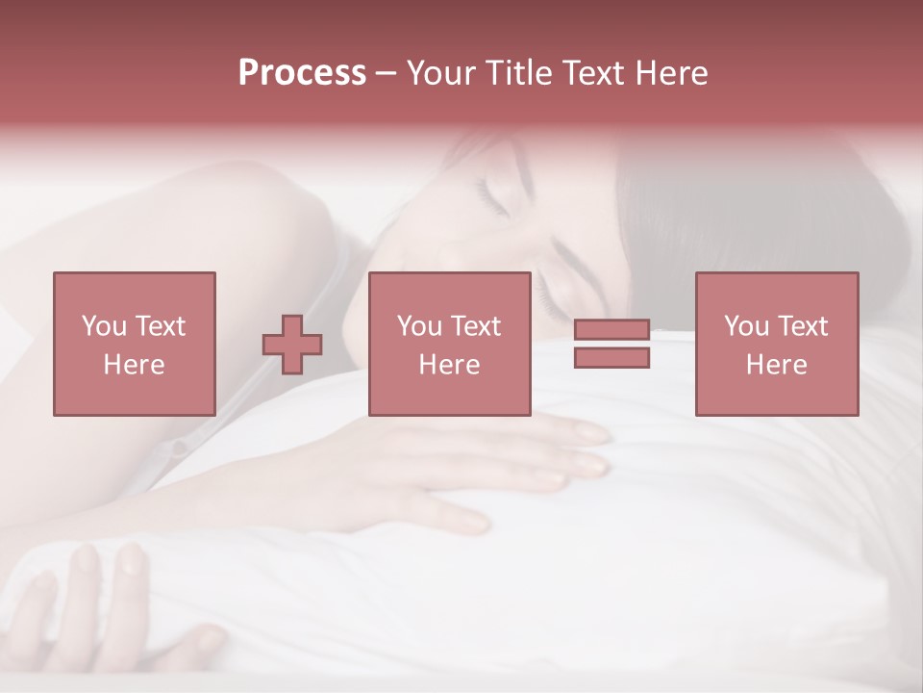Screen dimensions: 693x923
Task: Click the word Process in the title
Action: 302,73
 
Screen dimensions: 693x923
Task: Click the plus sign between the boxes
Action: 292,345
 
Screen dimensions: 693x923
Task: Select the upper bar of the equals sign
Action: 611,329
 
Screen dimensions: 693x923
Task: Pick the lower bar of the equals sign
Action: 611,358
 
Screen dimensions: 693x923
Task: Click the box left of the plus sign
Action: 134,344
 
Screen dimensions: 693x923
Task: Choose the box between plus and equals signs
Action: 449,344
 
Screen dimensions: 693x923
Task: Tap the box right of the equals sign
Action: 777,344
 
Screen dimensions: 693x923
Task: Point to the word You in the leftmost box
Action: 104,326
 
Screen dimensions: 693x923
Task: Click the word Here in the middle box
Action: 449,365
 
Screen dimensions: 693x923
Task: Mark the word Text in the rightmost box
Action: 802,326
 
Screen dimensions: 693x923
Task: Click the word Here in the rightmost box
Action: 777,365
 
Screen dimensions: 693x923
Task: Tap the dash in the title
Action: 387,73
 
